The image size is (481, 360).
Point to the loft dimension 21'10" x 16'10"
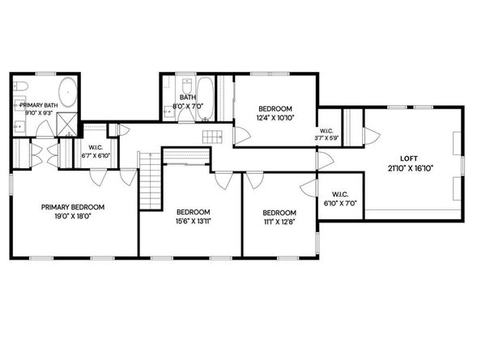411,168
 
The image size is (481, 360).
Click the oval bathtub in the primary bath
67,95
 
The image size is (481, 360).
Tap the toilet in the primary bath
22,86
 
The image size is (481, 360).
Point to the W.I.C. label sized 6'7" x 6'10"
94,151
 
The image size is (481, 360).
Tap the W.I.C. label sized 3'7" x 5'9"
328,135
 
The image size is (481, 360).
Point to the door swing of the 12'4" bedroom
241,135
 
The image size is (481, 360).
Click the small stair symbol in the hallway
211,138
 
